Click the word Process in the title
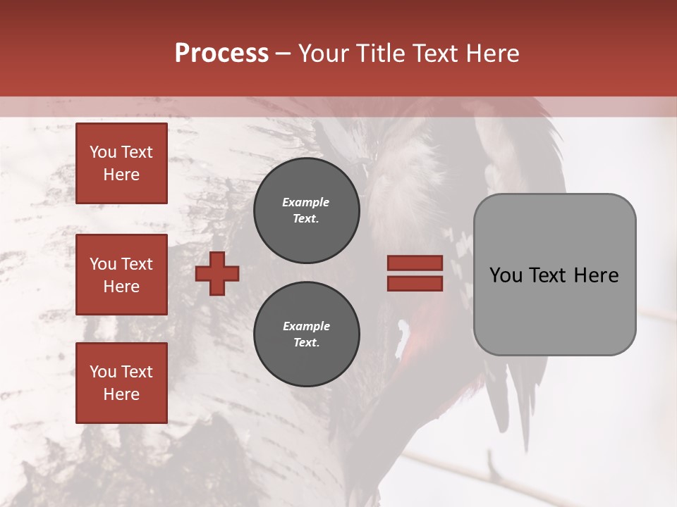[221, 54]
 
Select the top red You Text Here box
[121, 163]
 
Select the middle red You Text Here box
[121, 275]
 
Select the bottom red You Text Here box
[121, 382]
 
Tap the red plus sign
[217, 273]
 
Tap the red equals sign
[415, 273]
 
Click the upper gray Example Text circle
[306, 210]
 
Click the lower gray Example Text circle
[306, 334]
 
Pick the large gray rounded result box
[554, 275]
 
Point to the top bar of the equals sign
[415, 263]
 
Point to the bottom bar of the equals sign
[415, 283]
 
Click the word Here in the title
[492, 54]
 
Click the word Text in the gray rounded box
[550, 275]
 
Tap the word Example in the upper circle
[306, 202]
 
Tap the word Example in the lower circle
[306, 326]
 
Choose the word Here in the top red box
[121, 175]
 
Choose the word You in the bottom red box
[102, 371]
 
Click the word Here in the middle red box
[121, 287]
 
